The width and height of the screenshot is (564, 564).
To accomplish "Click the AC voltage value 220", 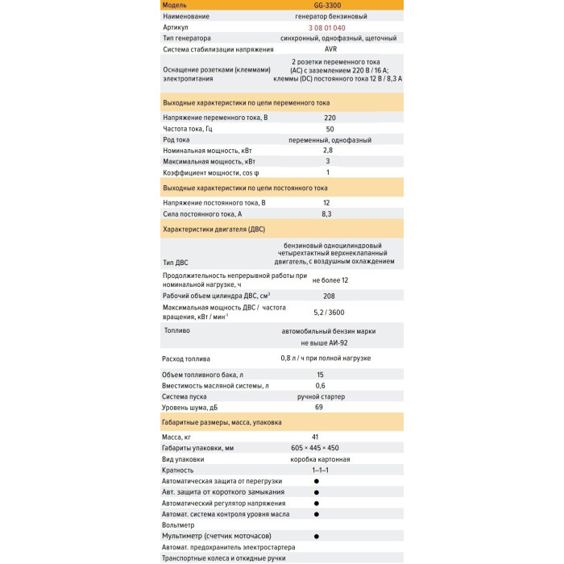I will [x=330, y=118].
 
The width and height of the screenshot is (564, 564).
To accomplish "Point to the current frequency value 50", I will [x=330, y=129].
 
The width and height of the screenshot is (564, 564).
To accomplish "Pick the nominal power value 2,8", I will [x=328, y=151].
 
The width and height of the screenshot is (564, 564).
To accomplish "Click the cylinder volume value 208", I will [x=329, y=297].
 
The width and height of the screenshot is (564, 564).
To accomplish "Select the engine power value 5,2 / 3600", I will [x=329, y=312].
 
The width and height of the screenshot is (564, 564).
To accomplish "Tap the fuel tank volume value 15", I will [x=320, y=375].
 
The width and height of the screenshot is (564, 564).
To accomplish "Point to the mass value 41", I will [x=316, y=437].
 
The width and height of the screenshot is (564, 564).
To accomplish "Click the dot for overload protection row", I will [x=316, y=481].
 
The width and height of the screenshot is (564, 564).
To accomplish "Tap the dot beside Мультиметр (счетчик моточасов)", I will [x=316, y=536].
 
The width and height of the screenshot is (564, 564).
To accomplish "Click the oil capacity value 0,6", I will [x=320, y=386].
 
